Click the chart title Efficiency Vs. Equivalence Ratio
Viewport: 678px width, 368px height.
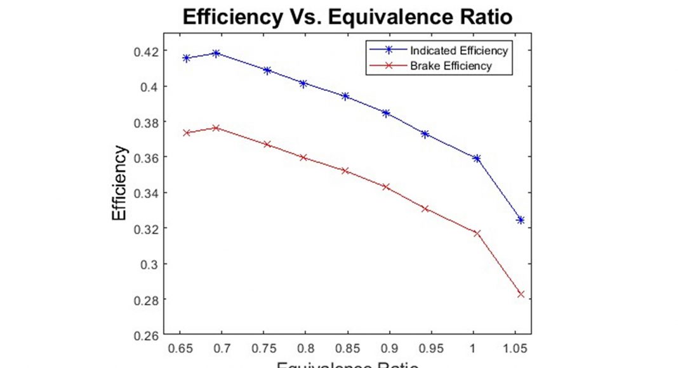click(x=347, y=16)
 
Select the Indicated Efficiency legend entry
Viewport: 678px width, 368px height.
click(x=458, y=51)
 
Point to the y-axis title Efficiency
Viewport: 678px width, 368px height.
click(x=119, y=183)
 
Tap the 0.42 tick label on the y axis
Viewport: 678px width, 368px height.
click(x=147, y=51)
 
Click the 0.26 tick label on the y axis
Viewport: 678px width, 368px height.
click(x=147, y=334)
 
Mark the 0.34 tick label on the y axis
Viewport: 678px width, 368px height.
click(x=147, y=193)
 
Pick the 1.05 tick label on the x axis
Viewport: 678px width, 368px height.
click(x=515, y=348)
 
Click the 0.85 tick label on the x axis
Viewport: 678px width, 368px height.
click(x=347, y=348)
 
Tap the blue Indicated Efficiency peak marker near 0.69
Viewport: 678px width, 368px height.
click(x=216, y=53)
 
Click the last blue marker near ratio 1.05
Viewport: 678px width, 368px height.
click(x=521, y=220)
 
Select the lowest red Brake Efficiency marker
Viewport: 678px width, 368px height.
click(x=521, y=294)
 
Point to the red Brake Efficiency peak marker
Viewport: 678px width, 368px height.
click(x=216, y=128)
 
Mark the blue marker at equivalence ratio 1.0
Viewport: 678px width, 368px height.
click(x=477, y=158)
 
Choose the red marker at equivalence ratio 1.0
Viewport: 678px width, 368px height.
click(x=477, y=233)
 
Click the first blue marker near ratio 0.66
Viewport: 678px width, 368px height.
click(x=187, y=58)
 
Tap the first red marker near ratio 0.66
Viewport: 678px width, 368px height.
click(x=187, y=133)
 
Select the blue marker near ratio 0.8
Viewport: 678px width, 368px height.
click(x=303, y=84)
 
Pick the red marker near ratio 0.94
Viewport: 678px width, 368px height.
click(x=425, y=209)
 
